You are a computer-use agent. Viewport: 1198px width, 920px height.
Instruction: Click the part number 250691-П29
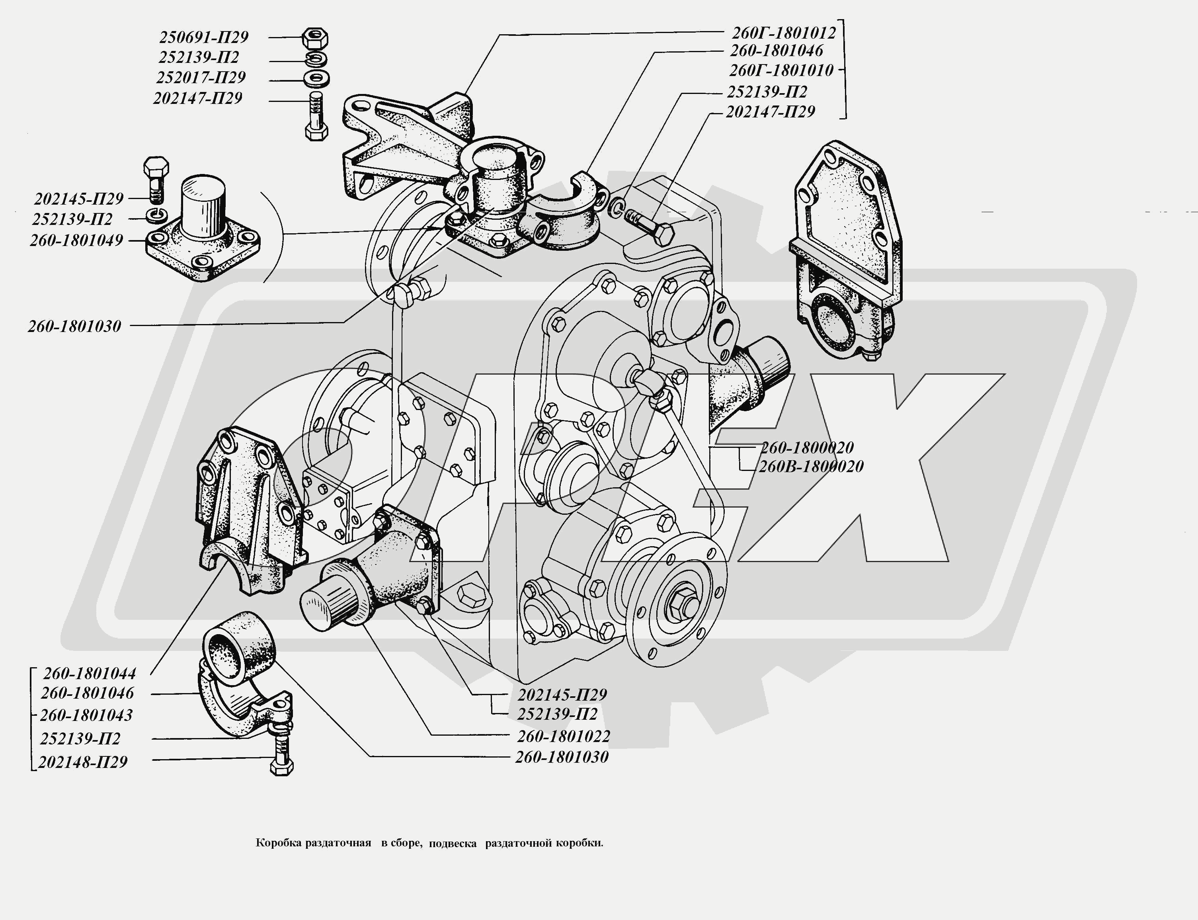tap(204, 37)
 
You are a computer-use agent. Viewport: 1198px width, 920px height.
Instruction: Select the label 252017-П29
tap(201, 77)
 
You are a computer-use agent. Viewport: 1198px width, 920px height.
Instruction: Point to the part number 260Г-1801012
tap(784, 33)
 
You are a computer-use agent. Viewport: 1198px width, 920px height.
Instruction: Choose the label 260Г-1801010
tap(781, 70)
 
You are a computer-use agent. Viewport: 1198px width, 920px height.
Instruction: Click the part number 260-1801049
tap(77, 240)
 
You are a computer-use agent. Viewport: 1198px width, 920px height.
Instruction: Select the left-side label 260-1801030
tap(74, 326)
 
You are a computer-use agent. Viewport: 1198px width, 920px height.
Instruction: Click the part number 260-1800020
tap(806, 448)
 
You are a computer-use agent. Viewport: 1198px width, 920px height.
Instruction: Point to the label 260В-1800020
tap(811, 467)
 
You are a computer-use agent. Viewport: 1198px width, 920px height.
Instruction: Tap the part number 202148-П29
tap(83, 762)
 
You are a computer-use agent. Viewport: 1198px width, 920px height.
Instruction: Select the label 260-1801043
tap(86, 715)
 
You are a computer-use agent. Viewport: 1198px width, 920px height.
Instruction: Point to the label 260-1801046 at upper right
tap(777, 51)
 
